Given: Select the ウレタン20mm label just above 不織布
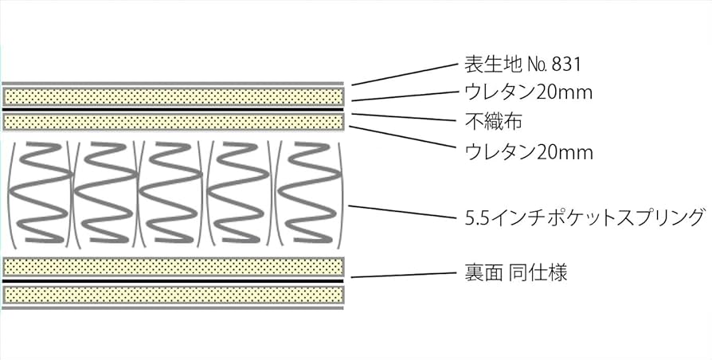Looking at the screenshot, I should click(x=528, y=93).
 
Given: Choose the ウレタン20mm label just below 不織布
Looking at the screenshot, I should click(x=528, y=151).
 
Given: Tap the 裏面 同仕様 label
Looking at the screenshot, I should click(x=515, y=274).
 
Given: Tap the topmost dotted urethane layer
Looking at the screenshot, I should click(x=174, y=96).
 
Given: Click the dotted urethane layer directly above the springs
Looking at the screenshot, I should click(x=174, y=122).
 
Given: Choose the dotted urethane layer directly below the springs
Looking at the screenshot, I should click(x=174, y=267).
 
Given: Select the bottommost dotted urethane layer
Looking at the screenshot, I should click(x=174, y=295).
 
